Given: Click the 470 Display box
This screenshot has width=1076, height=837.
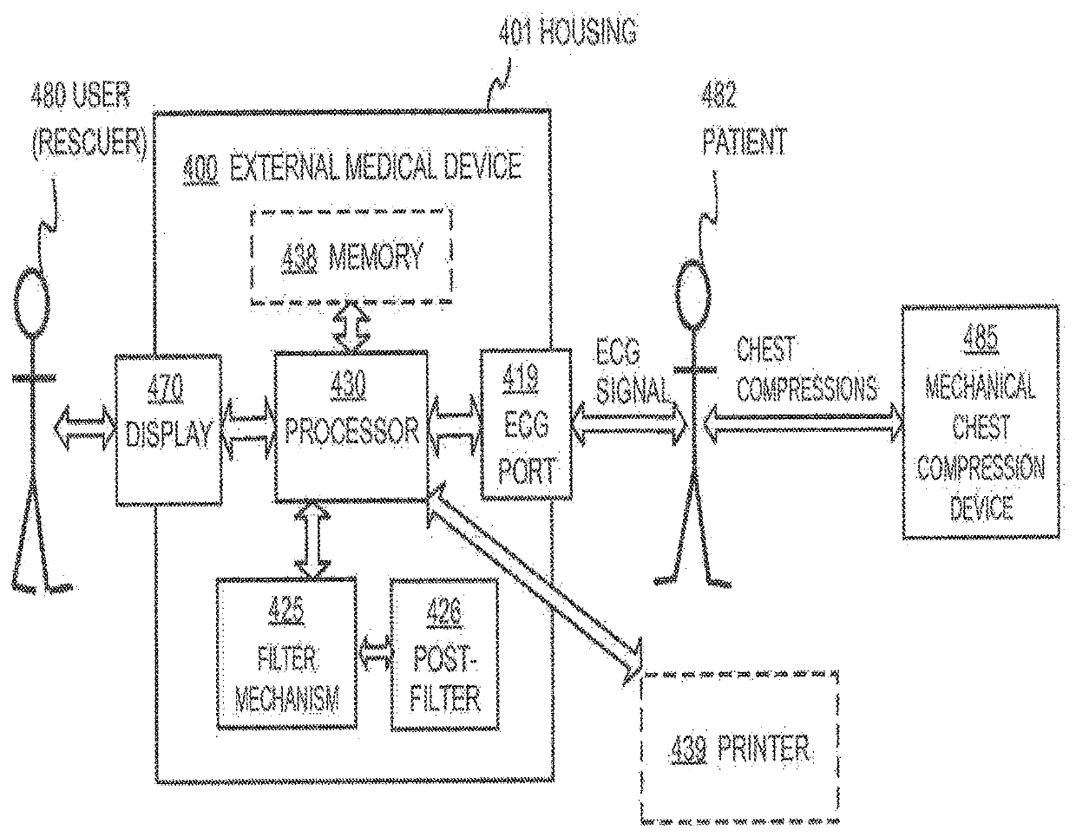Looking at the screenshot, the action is pyautogui.click(x=169, y=429).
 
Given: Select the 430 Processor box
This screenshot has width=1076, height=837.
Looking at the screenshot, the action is pyautogui.click(x=351, y=427).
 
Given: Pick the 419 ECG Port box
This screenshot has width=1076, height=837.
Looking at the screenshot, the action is pyautogui.click(x=527, y=425).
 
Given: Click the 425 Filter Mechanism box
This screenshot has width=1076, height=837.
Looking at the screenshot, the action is pyautogui.click(x=286, y=653).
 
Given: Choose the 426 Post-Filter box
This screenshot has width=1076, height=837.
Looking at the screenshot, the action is pyautogui.click(x=444, y=654).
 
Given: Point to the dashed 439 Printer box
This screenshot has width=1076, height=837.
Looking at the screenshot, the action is pyautogui.click(x=740, y=748).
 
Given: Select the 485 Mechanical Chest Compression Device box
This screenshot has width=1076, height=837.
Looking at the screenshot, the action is pyautogui.click(x=981, y=422).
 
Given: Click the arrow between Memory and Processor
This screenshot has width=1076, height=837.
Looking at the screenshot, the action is pyautogui.click(x=351, y=327).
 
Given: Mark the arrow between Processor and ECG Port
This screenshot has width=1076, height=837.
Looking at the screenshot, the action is pyautogui.click(x=455, y=426).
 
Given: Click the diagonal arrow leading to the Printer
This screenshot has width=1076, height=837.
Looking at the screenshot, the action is pyautogui.click(x=535, y=584).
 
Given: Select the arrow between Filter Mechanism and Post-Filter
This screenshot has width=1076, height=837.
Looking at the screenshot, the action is pyautogui.click(x=374, y=653).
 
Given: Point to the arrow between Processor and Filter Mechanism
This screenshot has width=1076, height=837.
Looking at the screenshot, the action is pyautogui.click(x=312, y=540).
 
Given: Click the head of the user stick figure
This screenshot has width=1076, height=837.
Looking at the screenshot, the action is pyautogui.click(x=32, y=302).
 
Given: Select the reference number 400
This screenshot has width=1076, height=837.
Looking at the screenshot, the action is pyautogui.click(x=200, y=168).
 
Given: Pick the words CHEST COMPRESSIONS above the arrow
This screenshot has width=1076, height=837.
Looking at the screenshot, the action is pyautogui.click(x=806, y=369).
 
